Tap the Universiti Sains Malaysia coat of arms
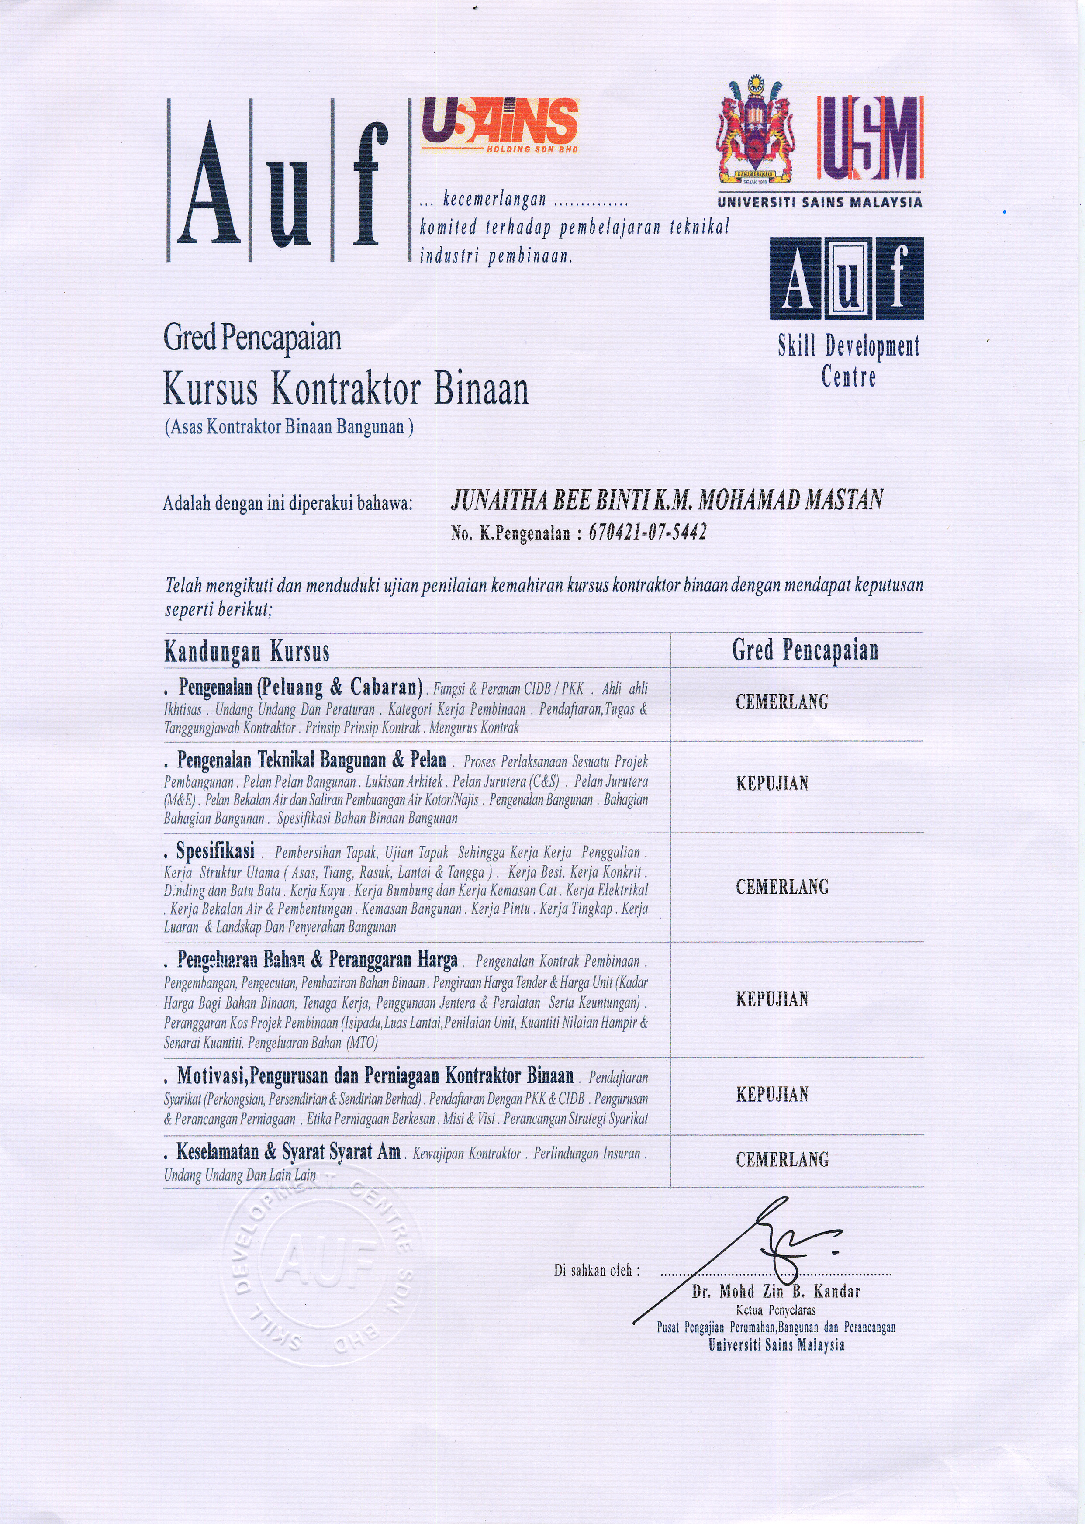coord(756,131)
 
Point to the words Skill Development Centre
coord(848,361)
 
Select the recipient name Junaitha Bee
coord(667,500)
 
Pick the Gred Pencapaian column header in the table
coord(805,650)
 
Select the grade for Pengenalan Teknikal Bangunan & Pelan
coord(772,783)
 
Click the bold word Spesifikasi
coord(215,851)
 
